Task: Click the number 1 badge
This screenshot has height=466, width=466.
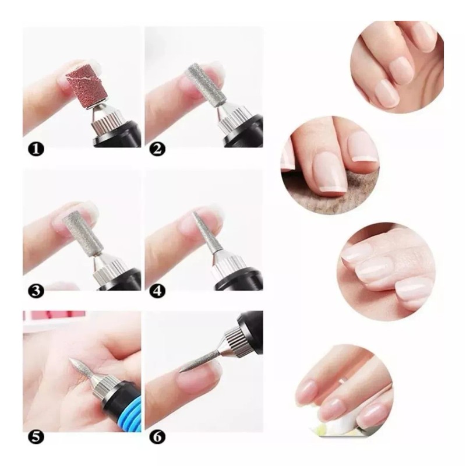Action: (x=36, y=149)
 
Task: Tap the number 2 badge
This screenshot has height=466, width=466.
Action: (x=157, y=149)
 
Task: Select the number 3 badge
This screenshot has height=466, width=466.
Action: (x=36, y=291)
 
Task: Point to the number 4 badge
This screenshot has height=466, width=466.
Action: (x=157, y=291)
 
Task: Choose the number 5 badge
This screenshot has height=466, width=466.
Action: (x=36, y=437)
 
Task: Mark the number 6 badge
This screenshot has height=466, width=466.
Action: (x=157, y=437)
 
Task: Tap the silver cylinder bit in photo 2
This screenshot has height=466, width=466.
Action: (x=205, y=84)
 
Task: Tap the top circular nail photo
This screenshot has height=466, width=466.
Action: (x=397, y=68)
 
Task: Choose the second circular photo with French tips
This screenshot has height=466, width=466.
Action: (x=330, y=165)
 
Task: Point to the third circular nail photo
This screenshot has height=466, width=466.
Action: (x=386, y=271)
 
